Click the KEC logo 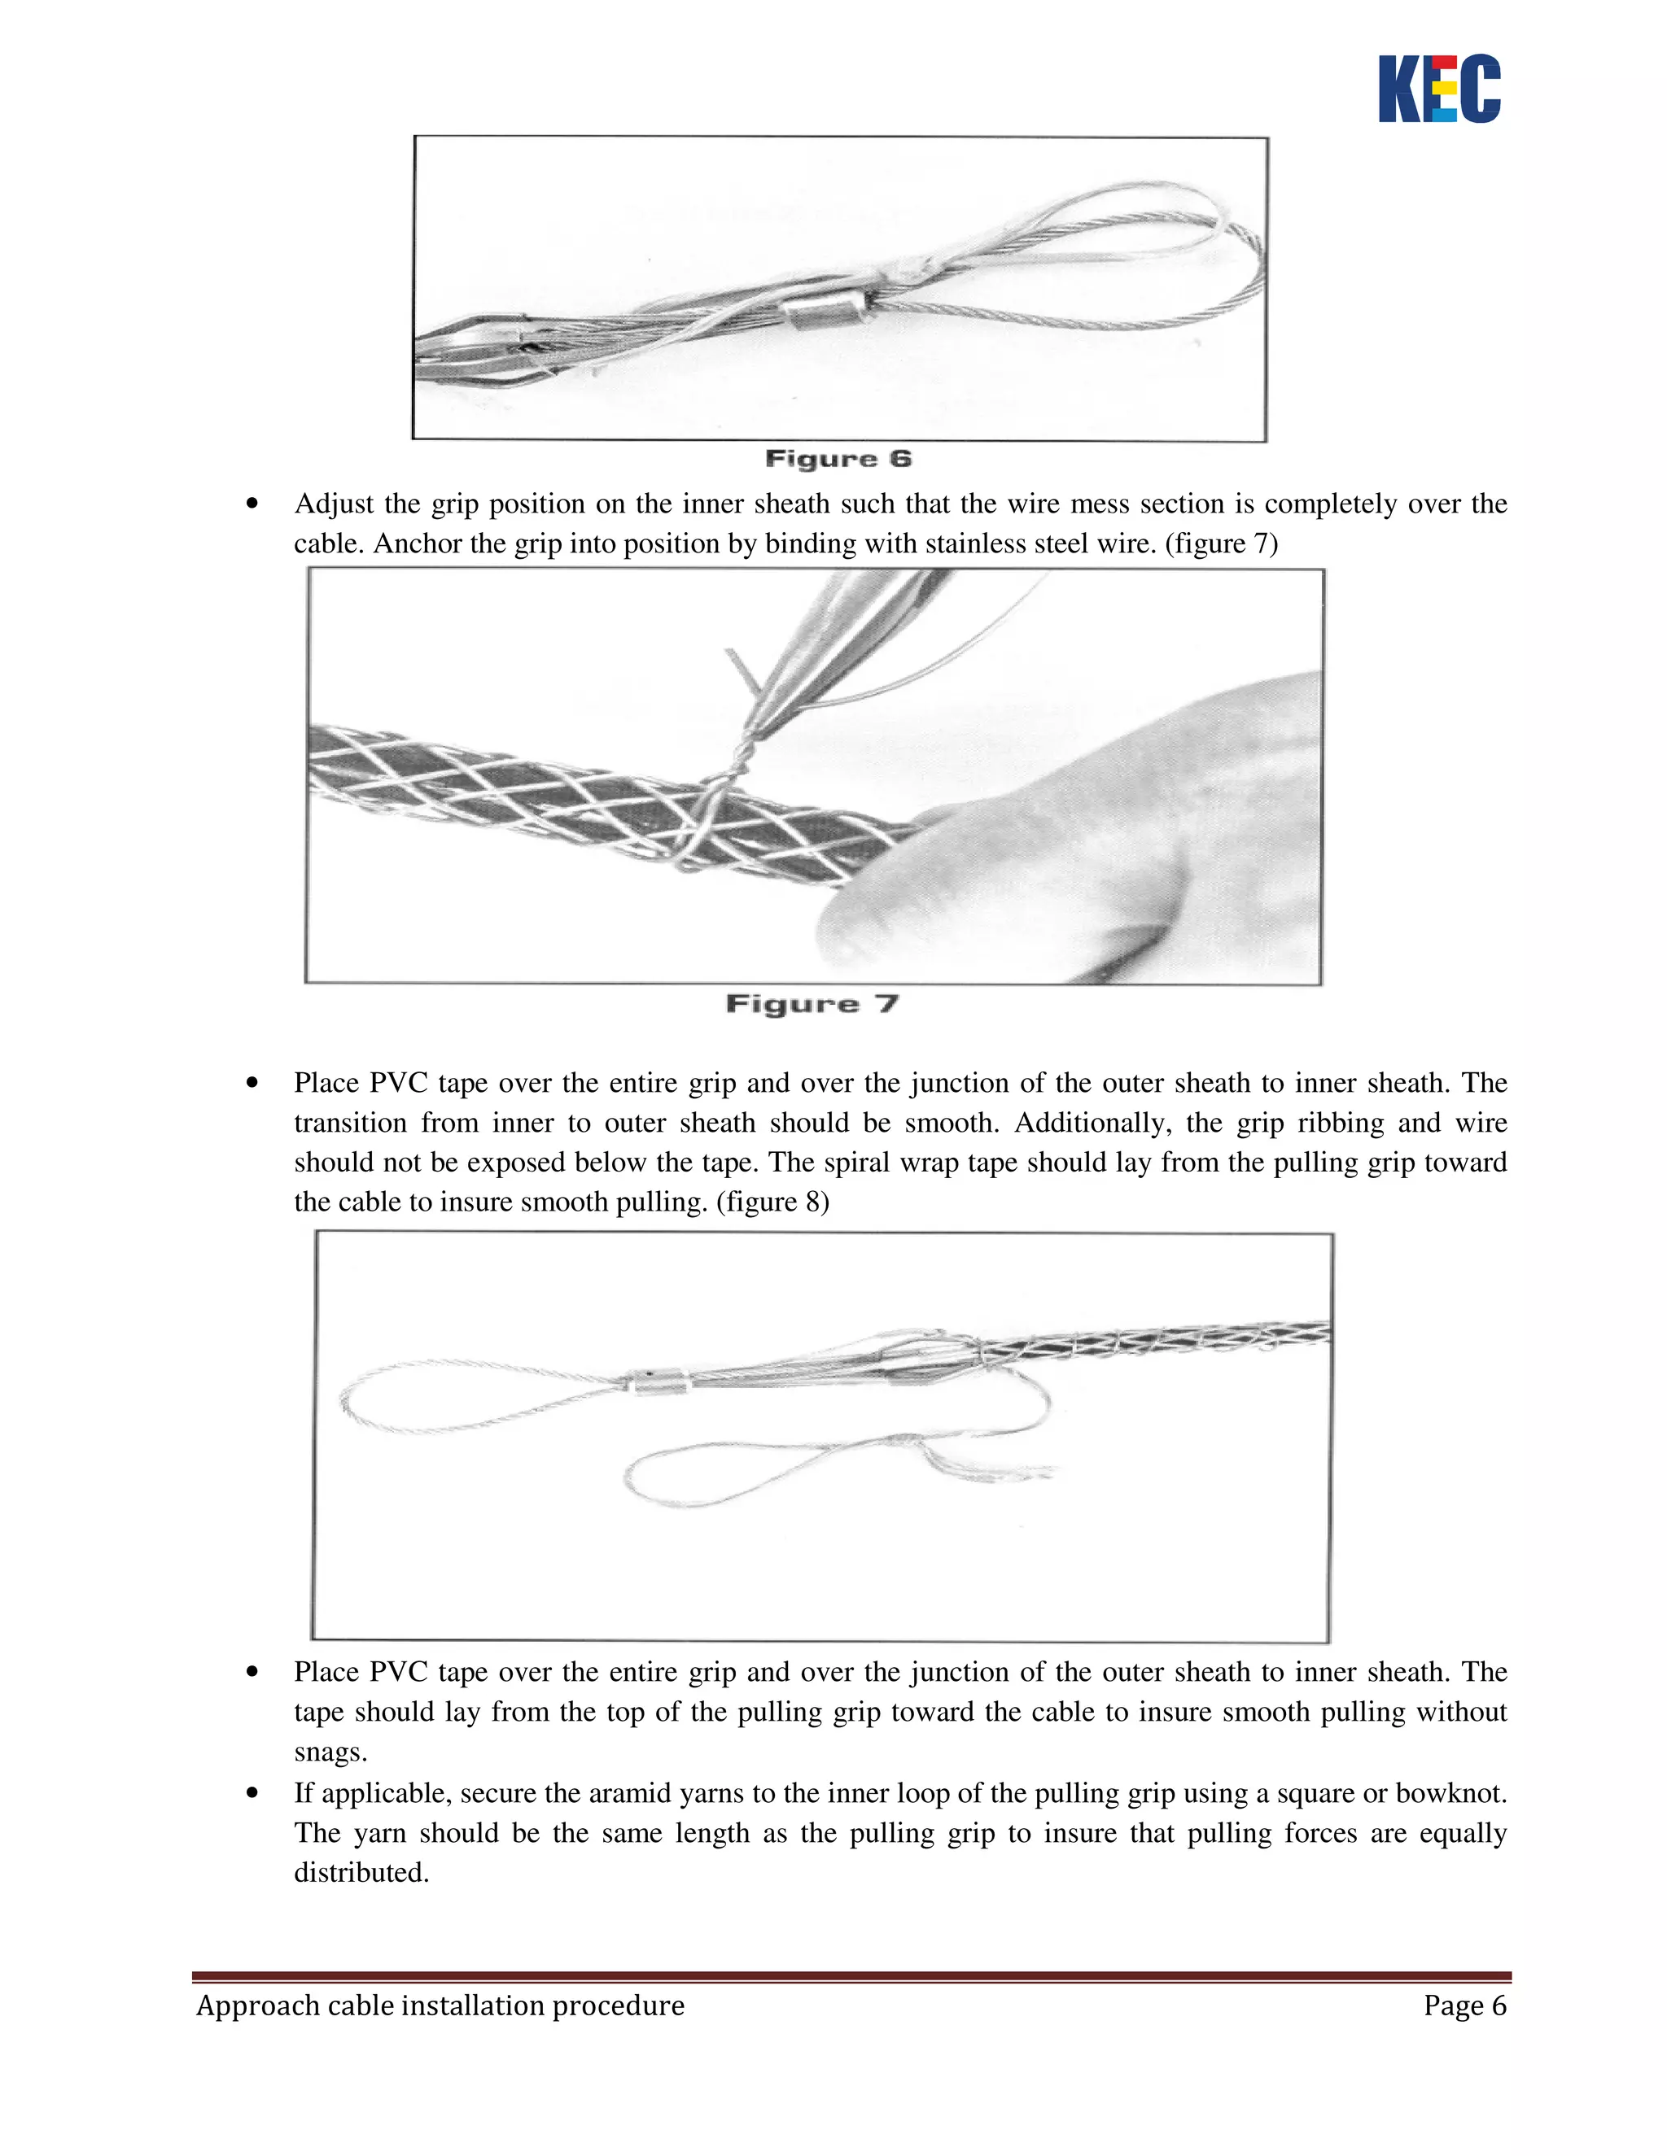click(1439, 89)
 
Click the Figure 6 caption click(838, 459)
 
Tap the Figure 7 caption click(812, 1004)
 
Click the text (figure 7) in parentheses click(1222, 544)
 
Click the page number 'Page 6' click(1464, 2006)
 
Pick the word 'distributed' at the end click(360, 1873)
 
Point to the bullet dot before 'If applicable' click(254, 1792)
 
